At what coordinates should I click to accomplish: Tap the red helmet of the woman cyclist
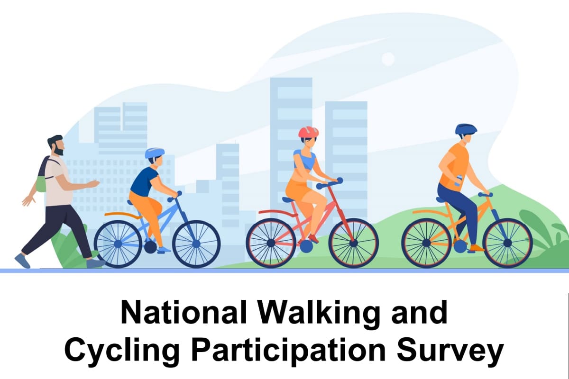click(308, 132)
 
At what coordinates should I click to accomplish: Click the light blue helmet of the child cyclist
click(155, 153)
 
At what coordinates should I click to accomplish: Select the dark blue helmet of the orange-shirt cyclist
click(466, 129)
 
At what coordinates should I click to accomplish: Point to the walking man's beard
click(59, 150)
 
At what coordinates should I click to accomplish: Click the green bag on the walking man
click(41, 183)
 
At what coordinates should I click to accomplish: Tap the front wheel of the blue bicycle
click(196, 244)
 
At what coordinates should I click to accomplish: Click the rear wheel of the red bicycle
click(271, 243)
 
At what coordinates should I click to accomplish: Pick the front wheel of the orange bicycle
click(507, 243)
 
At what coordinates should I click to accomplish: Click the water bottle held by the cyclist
click(458, 180)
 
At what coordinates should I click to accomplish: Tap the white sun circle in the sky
click(388, 59)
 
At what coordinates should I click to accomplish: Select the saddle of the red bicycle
click(289, 199)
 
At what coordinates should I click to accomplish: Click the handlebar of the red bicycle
click(330, 183)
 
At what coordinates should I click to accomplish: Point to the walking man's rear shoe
click(22, 261)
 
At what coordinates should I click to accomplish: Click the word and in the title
click(419, 312)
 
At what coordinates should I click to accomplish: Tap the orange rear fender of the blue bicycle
click(123, 215)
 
